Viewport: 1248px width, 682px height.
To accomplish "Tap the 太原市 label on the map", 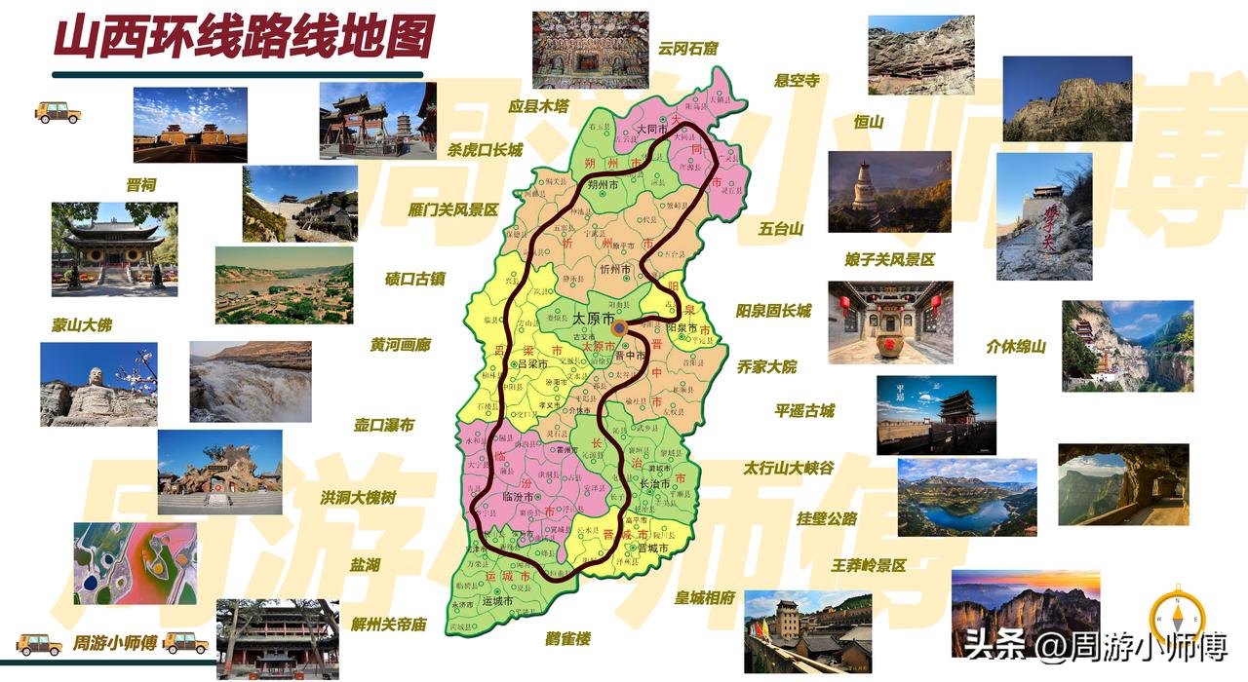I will click(593, 319).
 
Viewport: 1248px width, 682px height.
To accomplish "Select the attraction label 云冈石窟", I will click(687, 47).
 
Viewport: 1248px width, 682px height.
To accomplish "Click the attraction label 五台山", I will click(780, 229).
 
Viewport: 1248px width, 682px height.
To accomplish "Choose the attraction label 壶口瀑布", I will click(383, 425).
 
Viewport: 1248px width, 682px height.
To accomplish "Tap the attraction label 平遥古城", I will click(804, 410).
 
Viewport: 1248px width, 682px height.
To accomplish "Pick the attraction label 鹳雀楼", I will click(568, 639).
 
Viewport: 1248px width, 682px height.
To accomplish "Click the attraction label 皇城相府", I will click(704, 597).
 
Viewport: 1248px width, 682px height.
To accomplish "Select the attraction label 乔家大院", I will click(766, 366).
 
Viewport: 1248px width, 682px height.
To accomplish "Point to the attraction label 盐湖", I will click(366, 565).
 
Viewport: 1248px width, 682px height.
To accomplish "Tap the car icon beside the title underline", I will click(58, 112).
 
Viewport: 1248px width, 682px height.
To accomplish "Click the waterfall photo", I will click(251, 382).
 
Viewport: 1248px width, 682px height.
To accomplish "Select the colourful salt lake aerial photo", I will click(136, 563).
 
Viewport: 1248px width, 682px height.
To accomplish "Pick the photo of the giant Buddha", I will click(98, 384).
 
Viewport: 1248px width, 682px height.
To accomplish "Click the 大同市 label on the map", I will click(650, 129).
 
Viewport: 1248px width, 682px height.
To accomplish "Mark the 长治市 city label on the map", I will click(653, 483).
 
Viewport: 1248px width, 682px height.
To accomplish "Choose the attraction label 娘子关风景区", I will click(888, 259).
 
